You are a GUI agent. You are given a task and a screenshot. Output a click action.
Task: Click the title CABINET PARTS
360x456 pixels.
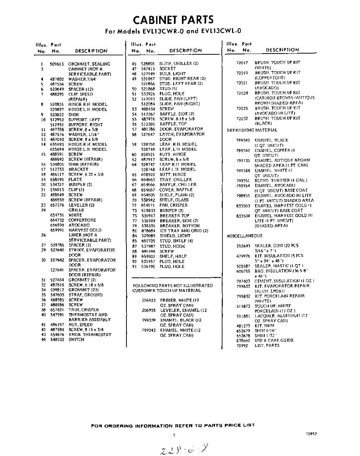click(x=173, y=20)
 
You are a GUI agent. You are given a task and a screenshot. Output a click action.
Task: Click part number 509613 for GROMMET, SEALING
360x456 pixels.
click(x=57, y=64)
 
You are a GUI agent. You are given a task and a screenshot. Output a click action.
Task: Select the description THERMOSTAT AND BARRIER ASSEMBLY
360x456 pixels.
click(x=88, y=317)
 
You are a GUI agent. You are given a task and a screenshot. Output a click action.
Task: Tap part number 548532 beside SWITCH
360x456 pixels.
click(x=57, y=340)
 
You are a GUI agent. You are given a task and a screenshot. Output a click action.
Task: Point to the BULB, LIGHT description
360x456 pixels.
click(x=172, y=74)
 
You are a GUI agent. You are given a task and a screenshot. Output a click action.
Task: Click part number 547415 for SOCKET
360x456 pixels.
click(x=148, y=69)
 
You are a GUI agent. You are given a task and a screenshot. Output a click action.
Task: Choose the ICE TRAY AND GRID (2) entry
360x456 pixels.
click(x=184, y=231)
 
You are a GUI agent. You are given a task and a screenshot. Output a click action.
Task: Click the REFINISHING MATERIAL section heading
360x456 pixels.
click(x=252, y=130)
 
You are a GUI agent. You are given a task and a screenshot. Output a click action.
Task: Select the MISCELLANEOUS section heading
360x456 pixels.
click(x=245, y=236)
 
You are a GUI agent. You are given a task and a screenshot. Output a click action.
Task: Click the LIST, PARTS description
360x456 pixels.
click(x=267, y=345)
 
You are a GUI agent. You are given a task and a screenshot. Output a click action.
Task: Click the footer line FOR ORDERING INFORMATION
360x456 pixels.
click(x=173, y=425)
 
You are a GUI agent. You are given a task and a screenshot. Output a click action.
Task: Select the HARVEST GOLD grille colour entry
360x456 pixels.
click(x=85, y=230)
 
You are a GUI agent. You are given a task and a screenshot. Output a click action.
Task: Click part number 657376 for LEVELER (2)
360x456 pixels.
click(x=57, y=205)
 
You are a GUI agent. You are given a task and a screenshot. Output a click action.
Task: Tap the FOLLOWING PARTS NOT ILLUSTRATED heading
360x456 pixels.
click(x=172, y=285)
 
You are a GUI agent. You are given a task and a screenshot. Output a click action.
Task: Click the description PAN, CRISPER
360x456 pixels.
click(x=173, y=205)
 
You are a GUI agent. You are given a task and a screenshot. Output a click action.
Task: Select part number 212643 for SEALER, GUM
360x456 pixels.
click(x=243, y=246)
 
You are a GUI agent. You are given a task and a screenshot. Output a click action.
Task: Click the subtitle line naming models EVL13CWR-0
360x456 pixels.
click(x=173, y=32)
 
